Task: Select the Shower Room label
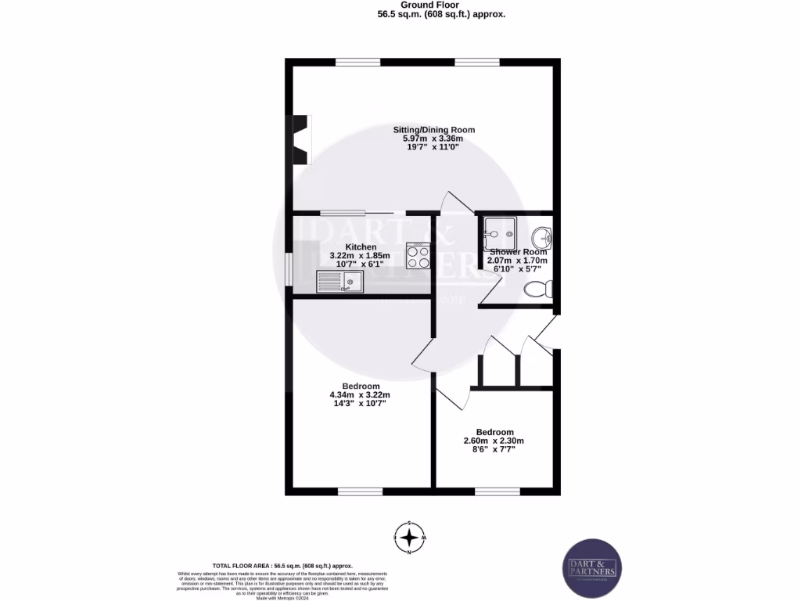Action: (x=518, y=252)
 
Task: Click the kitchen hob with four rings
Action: (x=418, y=257)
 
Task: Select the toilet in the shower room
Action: (x=540, y=290)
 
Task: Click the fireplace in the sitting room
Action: (x=301, y=140)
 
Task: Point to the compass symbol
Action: (x=408, y=538)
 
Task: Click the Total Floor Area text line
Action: (x=282, y=565)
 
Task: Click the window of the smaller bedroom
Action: (x=497, y=491)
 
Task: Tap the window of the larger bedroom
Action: (x=361, y=491)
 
